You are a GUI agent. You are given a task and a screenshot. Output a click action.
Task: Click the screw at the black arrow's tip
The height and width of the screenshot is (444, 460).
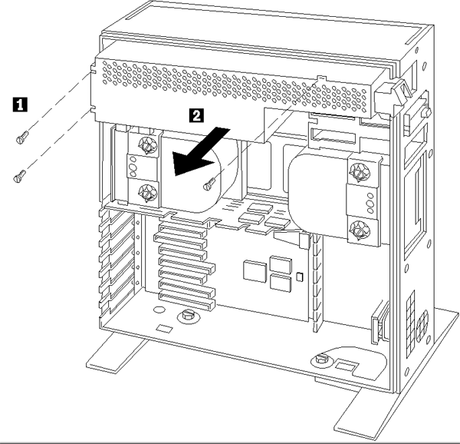click(x=208, y=184)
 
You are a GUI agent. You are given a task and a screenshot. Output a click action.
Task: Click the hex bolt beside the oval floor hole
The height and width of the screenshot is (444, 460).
click(x=187, y=316)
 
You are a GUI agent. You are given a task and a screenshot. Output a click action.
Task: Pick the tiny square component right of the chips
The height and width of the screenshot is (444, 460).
click(x=300, y=276)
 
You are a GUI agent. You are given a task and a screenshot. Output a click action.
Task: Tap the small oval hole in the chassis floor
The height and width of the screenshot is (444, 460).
click(x=158, y=310)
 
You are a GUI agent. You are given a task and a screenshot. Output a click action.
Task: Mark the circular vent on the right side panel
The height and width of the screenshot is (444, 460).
click(x=421, y=304)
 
